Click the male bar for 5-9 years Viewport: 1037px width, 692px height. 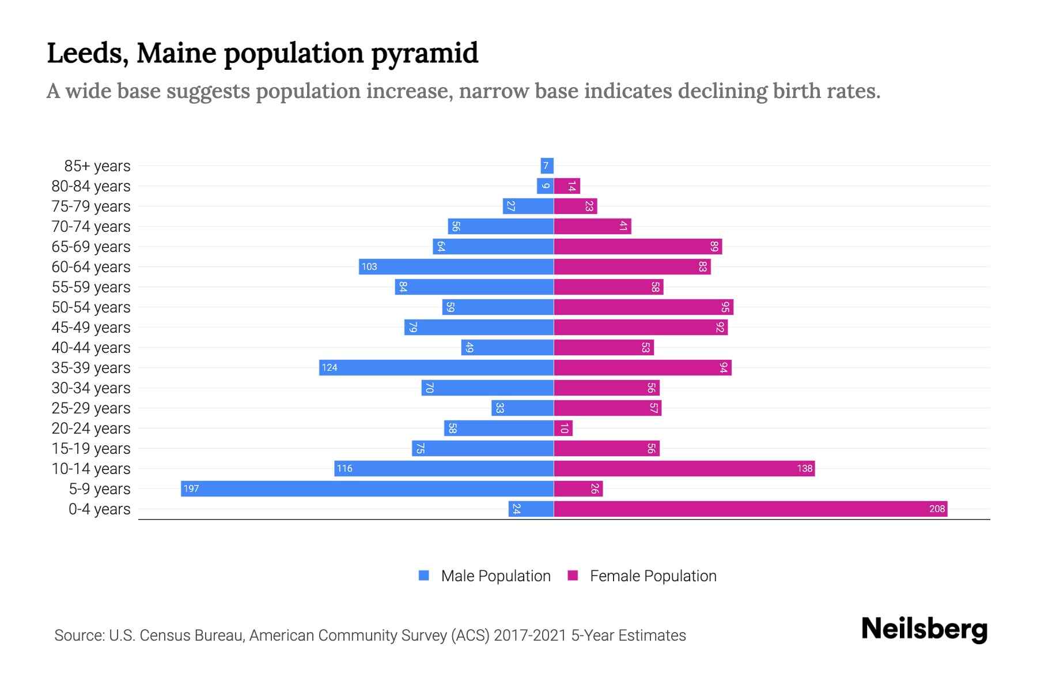pyautogui.click(x=367, y=488)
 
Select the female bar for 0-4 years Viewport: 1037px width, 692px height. pyautogui.click(x=750, y=509)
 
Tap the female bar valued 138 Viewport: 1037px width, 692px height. pyautogui.click(x=684, y=468)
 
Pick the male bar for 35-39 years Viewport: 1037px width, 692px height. pyautogui.click(x=436, y=367)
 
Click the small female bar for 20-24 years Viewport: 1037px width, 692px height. pyautogui.click(x=563, y=428)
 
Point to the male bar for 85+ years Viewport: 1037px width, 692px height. pyautogui.click(x=547, y=166)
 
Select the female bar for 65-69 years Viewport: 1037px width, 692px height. pyautogui.click(x=638, y=246)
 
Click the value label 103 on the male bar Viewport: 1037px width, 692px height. pyautogui.click(x=369, y=266)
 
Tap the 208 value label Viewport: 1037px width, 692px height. pyautogui.click(x=937, y=509)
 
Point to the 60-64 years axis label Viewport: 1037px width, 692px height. pyautogui.click(x=91, y=266)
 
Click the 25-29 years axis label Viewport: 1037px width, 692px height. pyautogui.click(x=91, y=408)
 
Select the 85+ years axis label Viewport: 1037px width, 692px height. pyautogui.click(x=97, y=166)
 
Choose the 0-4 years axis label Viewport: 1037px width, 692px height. pyautogui.click(x=99, y=509)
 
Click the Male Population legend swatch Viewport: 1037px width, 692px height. pyautogui.click(x=424, y=576)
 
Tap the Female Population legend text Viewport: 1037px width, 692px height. pyautogui.click(x=653, y=576)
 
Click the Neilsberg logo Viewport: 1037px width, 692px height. pyautogui.click(x=924, y=629)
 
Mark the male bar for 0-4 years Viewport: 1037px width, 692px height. pyautogui.click(x=531, y=509)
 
